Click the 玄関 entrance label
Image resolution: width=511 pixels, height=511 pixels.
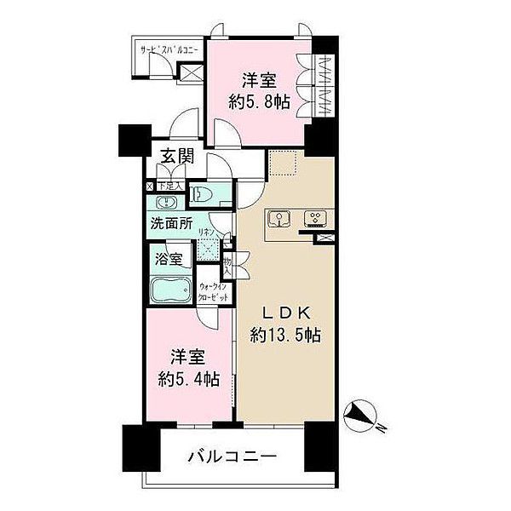coord(175,157)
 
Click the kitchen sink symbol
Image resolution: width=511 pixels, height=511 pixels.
coord(278,219)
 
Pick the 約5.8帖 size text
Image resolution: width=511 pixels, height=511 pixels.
coord(255,102)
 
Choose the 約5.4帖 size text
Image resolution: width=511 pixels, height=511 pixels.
coord(187,378)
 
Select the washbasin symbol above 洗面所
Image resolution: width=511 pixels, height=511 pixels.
coord(165,203)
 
